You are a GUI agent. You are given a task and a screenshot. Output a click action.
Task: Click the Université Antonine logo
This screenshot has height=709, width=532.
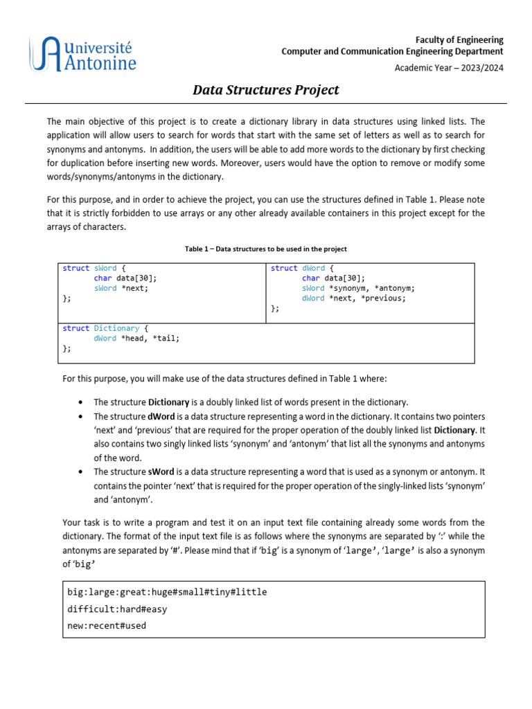click(82, 55)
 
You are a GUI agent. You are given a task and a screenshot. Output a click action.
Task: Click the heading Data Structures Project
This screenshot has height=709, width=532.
click(265, 90)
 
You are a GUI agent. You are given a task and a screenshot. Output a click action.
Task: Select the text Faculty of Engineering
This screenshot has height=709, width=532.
click(459, 39)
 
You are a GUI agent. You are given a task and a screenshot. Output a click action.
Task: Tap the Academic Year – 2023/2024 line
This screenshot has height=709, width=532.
click(449, 67)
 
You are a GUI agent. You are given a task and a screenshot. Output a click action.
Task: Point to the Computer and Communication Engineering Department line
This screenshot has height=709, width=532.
click(392, 51)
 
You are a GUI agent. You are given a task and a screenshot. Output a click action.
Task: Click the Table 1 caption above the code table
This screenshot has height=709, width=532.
click(265, 249)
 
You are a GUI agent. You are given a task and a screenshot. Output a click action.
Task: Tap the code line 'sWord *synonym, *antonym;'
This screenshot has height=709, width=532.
click(358, 288)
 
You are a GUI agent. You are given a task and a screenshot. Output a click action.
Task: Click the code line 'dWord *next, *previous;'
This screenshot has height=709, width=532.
click(353, 298)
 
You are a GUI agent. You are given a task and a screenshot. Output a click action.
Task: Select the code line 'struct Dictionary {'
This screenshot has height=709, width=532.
click(105, 328)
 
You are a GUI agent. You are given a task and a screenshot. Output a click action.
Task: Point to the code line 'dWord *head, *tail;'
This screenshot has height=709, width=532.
click(136, 339)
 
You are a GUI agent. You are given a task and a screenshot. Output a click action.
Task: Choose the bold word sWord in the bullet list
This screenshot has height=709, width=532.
click(156, 471)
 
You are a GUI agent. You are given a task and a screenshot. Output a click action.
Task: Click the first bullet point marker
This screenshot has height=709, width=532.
click(82, 402)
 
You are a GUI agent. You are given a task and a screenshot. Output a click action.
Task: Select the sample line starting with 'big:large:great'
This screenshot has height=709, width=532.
click(167, 592)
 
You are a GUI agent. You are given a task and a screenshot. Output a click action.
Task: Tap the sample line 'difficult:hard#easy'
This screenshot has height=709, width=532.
click(117, 609)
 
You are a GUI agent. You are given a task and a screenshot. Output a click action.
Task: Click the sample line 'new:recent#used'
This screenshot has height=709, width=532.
click(107, 626)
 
